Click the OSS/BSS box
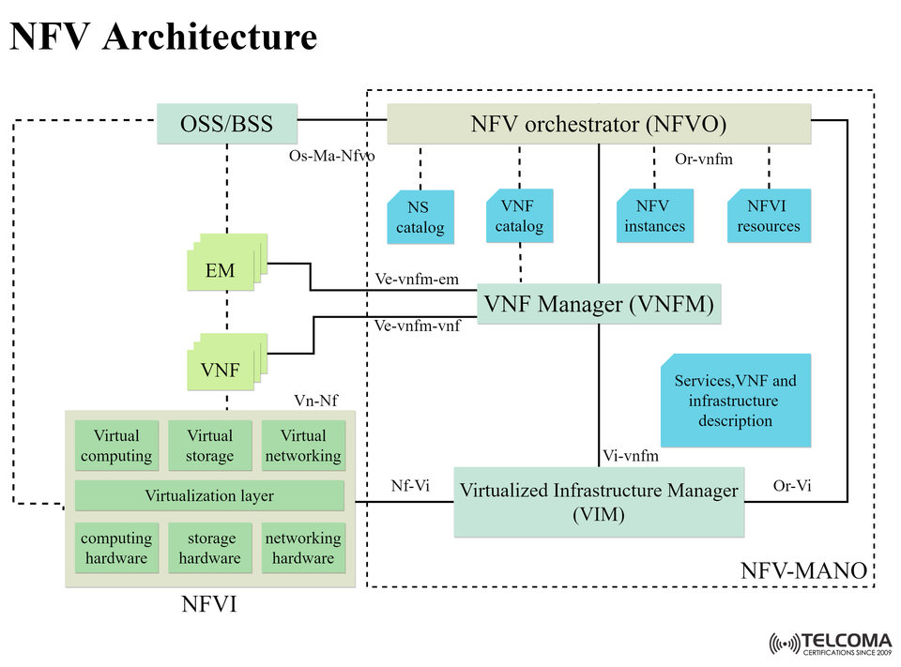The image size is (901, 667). [226, 124]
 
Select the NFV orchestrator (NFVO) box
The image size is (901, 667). [599, 124]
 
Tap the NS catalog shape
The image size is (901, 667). [420, 218]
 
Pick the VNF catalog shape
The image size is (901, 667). [519, 216]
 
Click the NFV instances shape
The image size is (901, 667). [654, 216]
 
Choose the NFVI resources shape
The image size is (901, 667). [769, 216]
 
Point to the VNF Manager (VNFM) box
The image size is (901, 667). [599, 304]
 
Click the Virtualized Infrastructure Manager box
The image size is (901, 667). [599, 502]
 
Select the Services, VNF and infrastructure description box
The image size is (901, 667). [735, 401]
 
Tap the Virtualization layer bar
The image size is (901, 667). [209, 495]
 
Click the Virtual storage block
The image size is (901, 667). [209, 446]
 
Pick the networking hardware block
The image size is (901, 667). [302, 548]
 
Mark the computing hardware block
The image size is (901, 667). [116, 548]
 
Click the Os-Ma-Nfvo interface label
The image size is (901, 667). [331, 156]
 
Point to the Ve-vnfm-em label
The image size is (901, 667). [417, 279]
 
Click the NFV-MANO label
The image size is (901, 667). [803, 570]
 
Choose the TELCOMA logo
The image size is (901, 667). [830, 644]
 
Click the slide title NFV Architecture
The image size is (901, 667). [163, 38]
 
